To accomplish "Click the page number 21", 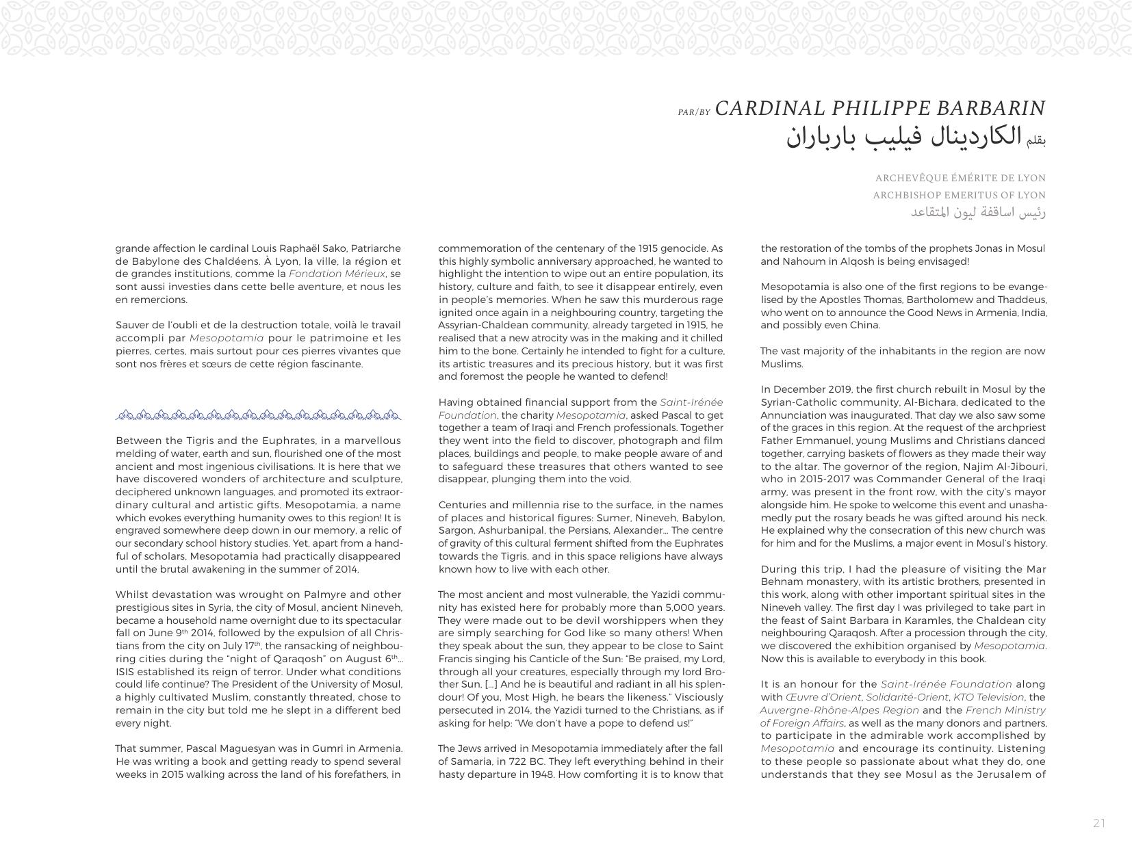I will tap(1098, 823).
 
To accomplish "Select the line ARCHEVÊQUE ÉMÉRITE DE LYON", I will tap(960, 178).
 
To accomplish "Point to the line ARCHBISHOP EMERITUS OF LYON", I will tap(959, 195).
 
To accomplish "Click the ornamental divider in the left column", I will tap(258, 415).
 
